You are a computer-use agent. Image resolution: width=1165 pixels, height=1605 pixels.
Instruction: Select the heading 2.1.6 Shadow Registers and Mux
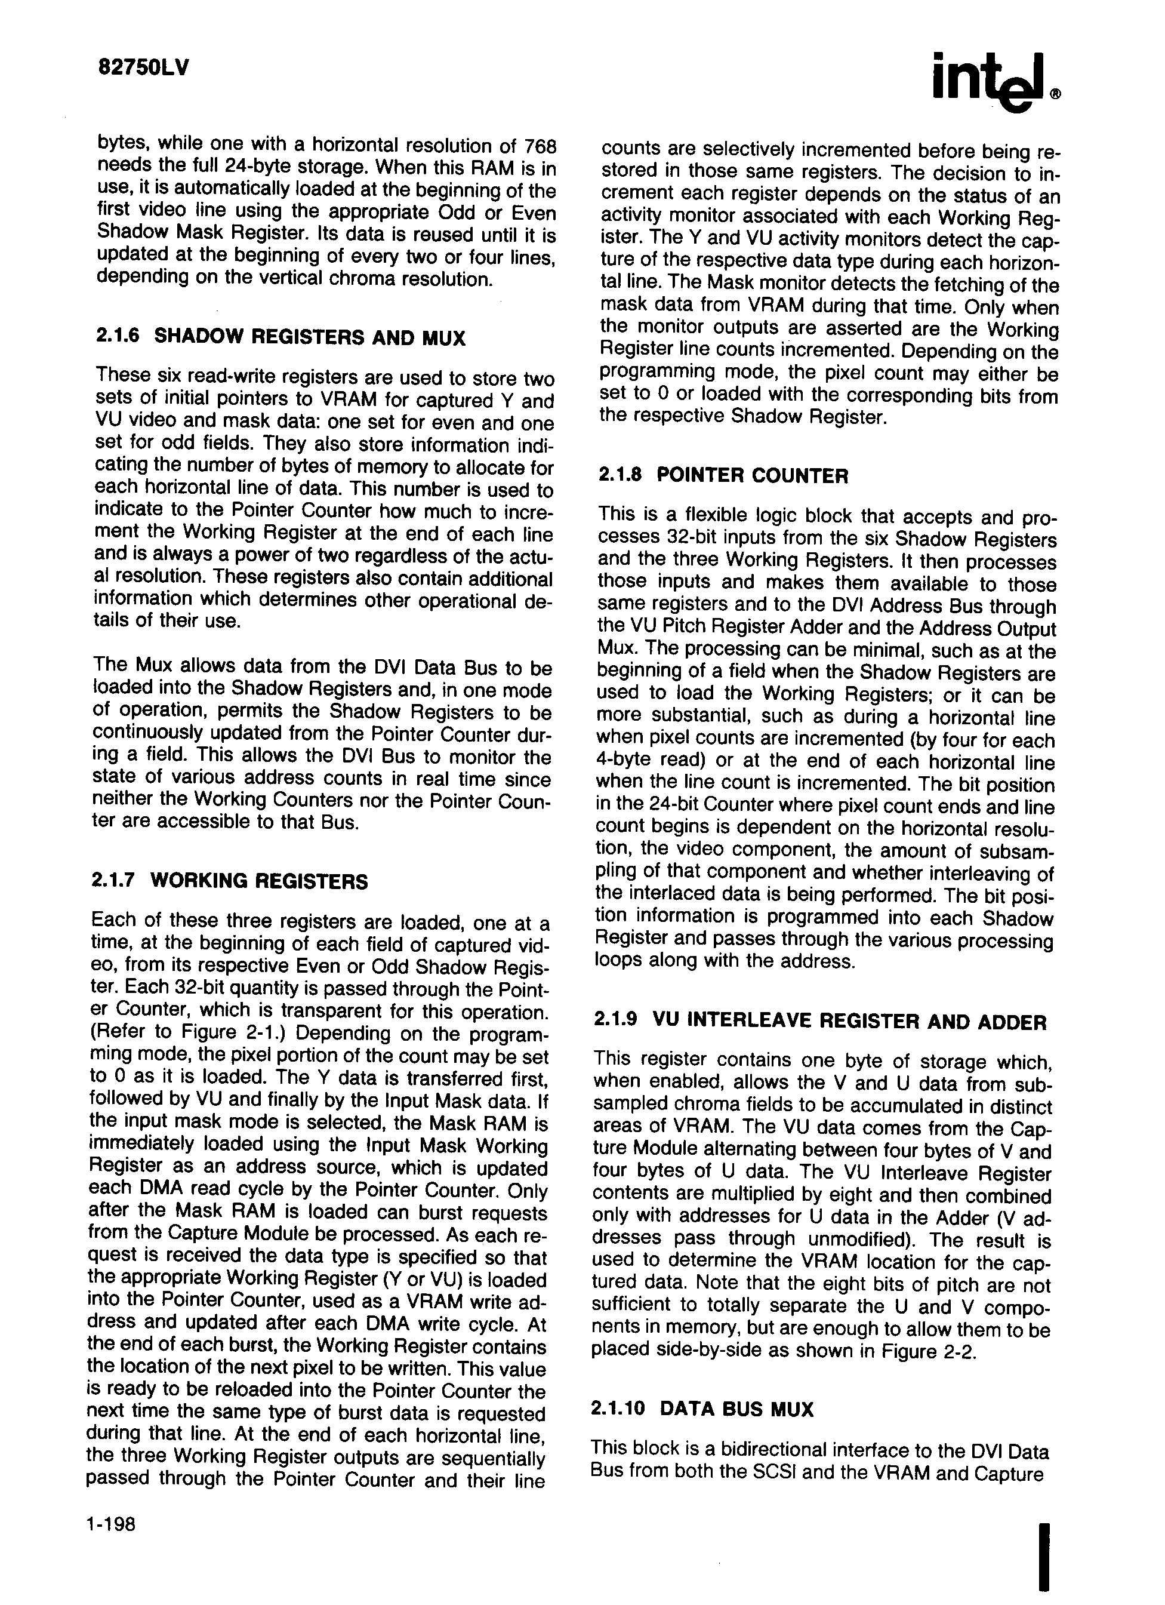point(280,337)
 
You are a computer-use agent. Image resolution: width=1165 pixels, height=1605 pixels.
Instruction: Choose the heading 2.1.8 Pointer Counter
point(723,475)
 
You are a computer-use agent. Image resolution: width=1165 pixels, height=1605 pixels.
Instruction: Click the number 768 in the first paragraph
point(540,146)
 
